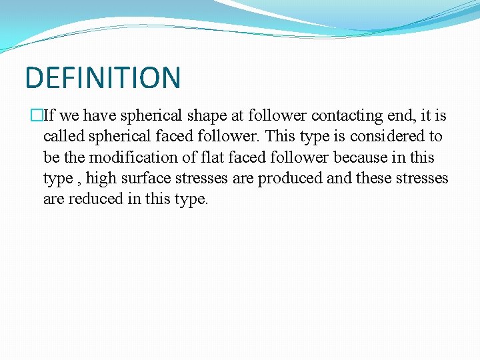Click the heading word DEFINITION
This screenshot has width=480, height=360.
coord(103,77)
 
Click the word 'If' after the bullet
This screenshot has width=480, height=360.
coord(49,116)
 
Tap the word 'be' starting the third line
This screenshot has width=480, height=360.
coord(51,157)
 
